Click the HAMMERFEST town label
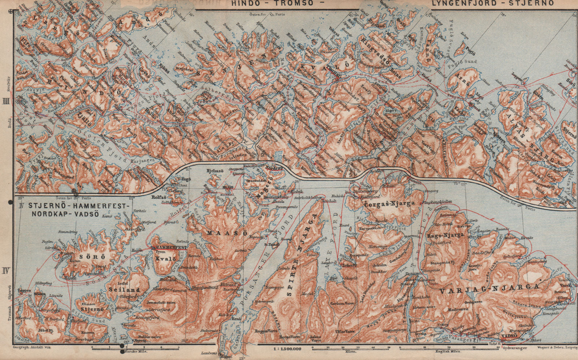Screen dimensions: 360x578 click(169, 247)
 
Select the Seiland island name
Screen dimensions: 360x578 click(124, 290)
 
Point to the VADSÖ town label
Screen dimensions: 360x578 click(510, 336)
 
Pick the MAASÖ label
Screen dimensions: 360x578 click(227, 233)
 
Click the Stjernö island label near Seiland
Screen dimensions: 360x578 click(92, 309)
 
